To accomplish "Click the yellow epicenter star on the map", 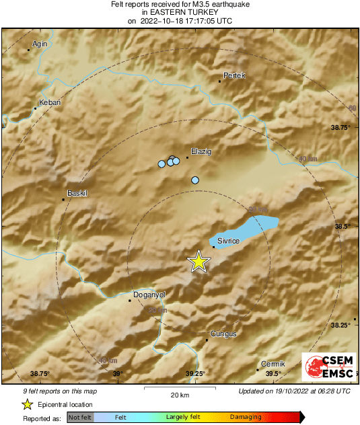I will point(199,261).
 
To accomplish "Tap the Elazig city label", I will point(201,152).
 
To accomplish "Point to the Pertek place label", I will point(234,75).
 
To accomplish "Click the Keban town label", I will point(51,102).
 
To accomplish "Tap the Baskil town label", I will point(78,194).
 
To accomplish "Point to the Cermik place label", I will point(273,364).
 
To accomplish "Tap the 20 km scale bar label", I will point(179,394).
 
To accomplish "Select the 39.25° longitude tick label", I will point(195,374).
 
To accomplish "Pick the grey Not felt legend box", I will point(81,418).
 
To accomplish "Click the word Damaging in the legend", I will point(246,418).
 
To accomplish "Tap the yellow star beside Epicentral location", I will point(27,404).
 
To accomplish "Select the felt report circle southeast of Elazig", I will point(195,180).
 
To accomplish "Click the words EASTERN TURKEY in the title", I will point(180,12).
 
